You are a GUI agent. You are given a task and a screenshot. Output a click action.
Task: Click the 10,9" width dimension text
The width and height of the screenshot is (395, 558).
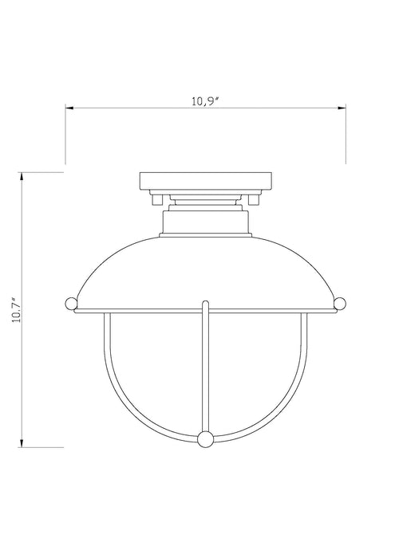pos(206,101)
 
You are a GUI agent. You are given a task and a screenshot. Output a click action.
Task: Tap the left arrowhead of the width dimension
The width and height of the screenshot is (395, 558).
pos(69,108)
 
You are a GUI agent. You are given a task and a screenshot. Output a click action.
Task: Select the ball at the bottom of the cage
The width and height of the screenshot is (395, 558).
pos(206,438)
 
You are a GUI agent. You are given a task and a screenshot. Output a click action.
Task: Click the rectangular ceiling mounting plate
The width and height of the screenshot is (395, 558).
pos(206,179)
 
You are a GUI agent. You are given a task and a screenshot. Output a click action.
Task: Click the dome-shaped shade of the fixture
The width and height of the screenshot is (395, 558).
pos(206,267)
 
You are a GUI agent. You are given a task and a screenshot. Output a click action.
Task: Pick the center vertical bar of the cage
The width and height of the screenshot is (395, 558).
pos(206,367)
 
